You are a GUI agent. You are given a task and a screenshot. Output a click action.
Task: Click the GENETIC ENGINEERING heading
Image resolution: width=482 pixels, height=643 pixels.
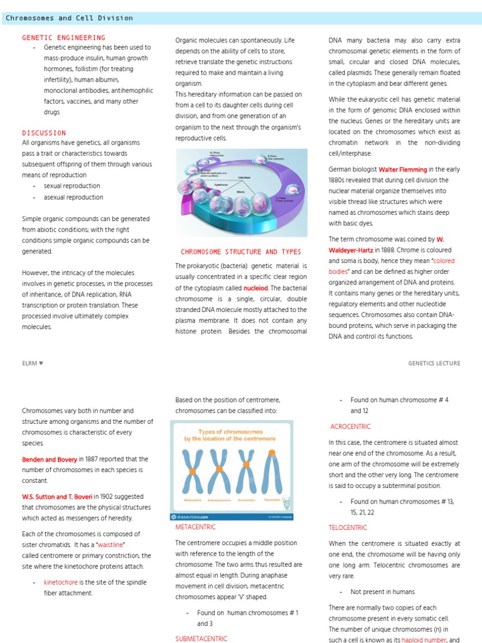click(x=63, y=38)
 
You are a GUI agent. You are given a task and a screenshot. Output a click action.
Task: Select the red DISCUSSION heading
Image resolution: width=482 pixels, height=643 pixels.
click(x=44, y=132)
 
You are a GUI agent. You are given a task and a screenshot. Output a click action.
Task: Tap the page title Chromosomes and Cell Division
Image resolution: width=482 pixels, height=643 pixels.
click(x=69, y=18)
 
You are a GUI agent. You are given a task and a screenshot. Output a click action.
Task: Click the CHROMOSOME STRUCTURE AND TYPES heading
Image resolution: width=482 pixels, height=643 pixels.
click(x=241, y=252)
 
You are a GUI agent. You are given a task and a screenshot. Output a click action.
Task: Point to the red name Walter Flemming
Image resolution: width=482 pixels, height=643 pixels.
click(x=402, y=170)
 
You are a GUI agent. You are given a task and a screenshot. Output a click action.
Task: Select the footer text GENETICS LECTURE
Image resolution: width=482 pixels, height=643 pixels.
click(x=434, y=363)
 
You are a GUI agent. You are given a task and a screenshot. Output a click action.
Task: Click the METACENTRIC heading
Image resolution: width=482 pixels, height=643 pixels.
click(x=196, y=527)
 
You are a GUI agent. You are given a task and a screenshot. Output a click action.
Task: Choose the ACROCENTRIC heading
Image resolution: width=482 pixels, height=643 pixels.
click(x=350, y=426)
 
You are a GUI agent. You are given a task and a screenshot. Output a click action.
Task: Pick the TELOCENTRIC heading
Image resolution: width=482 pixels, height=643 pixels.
click(x=349, y=527)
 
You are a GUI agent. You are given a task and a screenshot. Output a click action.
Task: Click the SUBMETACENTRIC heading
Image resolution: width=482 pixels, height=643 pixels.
click(x=201, y=638)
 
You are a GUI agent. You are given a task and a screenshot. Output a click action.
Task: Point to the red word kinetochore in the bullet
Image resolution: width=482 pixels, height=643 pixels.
click(x=60, y=582)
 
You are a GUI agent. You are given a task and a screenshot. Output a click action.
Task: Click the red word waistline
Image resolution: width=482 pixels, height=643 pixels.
click(x=110, y=544)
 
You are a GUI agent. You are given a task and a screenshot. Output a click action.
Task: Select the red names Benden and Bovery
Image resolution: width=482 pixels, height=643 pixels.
click(x=49, y=459)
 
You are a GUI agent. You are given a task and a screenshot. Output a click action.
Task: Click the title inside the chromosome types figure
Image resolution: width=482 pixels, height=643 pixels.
click(x=231, y=435)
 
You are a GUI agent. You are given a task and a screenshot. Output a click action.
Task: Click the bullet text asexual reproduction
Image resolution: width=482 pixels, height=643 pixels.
click(x=73, y=197)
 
